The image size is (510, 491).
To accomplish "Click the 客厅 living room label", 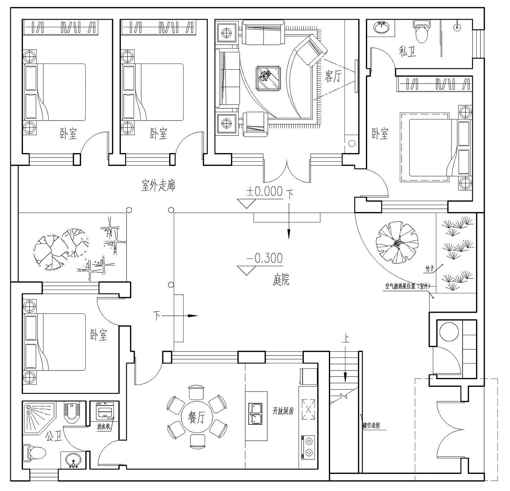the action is pos(333,77).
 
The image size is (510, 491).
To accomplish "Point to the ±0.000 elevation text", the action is pos(265,192).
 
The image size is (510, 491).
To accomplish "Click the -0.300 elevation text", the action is pos(265,258).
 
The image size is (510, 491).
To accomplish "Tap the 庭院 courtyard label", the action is pos(281,280).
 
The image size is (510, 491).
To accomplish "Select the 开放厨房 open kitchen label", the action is pos(283,411).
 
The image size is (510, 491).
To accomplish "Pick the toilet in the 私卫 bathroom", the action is pos(422,31).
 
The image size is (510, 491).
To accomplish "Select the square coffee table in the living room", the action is pos(269,78).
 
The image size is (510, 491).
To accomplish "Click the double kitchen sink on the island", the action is pos(256,414).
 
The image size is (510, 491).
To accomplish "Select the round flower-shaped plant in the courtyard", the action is pos(397,242).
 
